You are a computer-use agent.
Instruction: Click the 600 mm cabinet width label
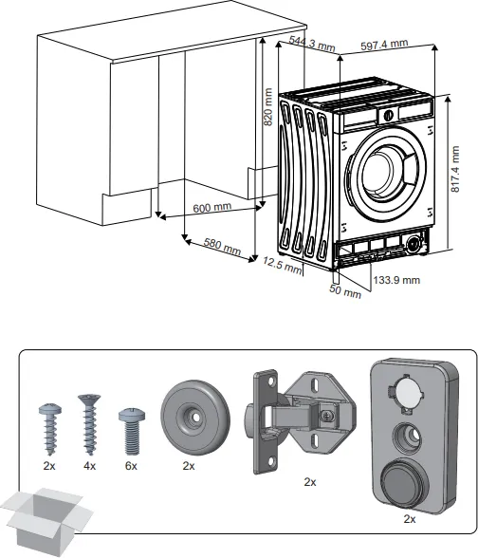(212, 208)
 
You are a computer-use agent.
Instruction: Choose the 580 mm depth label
(223, 245)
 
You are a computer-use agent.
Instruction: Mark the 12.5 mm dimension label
(282, 265)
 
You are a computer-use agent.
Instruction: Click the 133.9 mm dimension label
(397, 280)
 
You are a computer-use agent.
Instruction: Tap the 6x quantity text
(131, 467)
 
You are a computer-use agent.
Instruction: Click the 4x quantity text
(90, 467)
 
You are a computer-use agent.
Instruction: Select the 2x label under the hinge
(309, 482)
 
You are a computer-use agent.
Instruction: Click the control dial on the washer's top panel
(388, 114)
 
